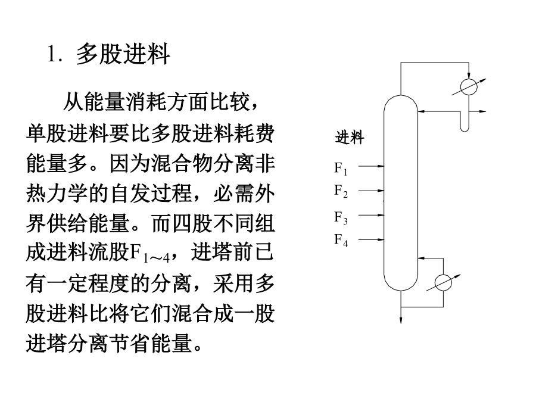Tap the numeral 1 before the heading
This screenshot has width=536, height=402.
[x=52, y=54]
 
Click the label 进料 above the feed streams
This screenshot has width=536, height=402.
[x=350, y=138]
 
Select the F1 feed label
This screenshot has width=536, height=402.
[x=341, y=168]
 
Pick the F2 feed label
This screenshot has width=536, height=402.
[x=341, y=191]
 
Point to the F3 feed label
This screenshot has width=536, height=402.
[x=341, y=218]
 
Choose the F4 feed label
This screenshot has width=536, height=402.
[x=341, y=239]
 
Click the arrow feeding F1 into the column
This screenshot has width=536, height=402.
[x=371, y=166]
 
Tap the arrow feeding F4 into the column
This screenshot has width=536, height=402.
[x=371, y=239]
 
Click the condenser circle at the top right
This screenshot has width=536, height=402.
[x=469, y=87]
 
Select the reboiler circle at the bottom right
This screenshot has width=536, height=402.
[x=443, y=283]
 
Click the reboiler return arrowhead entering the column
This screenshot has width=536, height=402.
[x=422, y=258]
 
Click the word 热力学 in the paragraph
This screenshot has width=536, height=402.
[x=57, y=194]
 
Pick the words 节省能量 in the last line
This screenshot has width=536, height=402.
[x=151, y=343]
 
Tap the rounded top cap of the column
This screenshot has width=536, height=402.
[x=401, y=96]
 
